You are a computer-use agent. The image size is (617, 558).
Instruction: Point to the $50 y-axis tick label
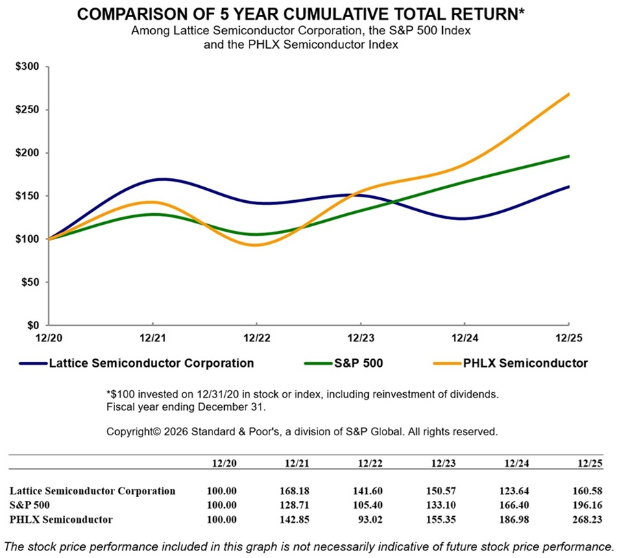[31, 282]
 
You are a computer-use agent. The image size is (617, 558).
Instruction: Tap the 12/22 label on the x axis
[256, 337]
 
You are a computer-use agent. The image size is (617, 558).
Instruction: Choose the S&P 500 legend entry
[354, 363]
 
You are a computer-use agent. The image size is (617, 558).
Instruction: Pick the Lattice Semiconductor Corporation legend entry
[151, 363]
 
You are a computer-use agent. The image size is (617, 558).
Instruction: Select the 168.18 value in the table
[296, 491]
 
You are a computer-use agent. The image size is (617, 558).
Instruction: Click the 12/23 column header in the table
[443, 464]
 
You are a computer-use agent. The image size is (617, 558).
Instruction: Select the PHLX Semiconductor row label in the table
[62, 520]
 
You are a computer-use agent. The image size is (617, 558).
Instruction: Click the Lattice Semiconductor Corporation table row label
[93, 491]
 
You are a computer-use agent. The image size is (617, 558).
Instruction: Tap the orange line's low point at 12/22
[256, 245]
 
